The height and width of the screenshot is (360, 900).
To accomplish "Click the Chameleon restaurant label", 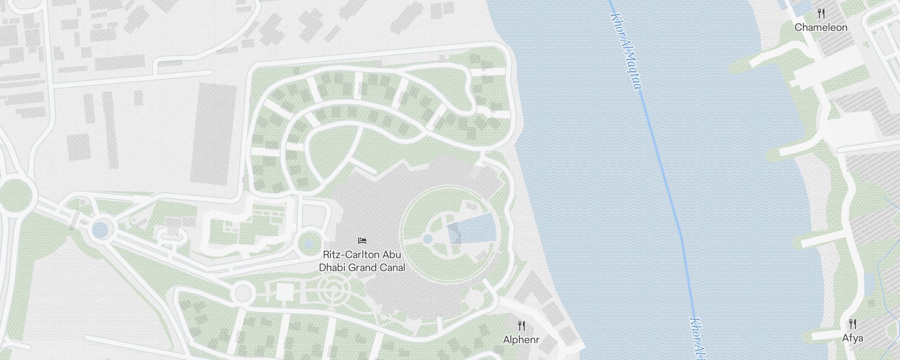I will coord(821,27).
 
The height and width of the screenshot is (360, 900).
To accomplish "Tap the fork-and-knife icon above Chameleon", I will coord(821,14).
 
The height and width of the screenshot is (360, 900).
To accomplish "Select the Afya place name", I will coord(853,338).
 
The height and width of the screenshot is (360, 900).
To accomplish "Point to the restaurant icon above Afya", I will coord(853,324).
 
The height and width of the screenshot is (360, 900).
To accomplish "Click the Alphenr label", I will coord(521,340).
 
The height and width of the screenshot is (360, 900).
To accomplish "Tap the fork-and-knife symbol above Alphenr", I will coord(522,325).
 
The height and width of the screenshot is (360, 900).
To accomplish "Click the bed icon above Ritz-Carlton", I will coord(362,241).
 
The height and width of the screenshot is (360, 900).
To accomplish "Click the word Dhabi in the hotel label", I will coord(333,268).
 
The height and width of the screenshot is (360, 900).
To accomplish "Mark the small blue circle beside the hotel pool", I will coord(428,238).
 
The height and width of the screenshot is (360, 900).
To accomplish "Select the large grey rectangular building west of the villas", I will coord(214,133).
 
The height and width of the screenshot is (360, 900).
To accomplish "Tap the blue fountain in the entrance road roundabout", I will coord(100,230).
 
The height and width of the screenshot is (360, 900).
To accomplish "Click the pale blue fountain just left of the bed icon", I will coord(309,244).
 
